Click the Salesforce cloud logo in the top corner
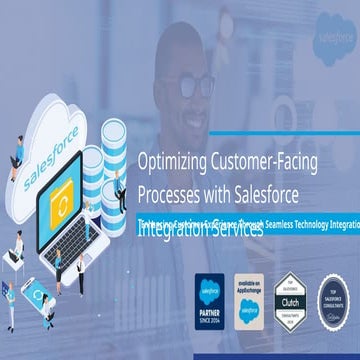coord(338,31)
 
